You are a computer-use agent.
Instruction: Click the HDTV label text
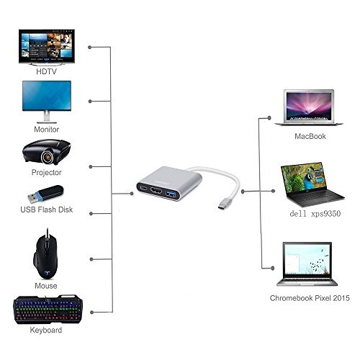[x=46, y=71]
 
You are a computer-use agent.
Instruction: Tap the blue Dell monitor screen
[x=47, y=96]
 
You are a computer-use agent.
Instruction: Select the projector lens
[x=48, y=157]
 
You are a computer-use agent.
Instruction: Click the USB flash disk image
[x=45, y=194]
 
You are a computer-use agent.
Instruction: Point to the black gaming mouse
[x=45, y=255]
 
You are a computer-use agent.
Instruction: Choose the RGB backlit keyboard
[x=48, y=310]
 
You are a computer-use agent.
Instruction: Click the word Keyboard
[x=46, y=330]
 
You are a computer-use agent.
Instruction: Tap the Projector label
[x=46, y=172]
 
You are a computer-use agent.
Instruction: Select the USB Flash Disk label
[x=47, y=210]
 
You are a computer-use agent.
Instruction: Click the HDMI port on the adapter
[x=156, y=191]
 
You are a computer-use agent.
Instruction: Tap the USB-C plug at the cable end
[x=223, y=204]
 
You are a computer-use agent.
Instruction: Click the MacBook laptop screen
[x=309, y=105]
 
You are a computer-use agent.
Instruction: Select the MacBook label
[x=310, y=136]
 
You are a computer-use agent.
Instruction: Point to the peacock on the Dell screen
[x=308, y=180]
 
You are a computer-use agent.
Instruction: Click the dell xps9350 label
[x=315, y=214]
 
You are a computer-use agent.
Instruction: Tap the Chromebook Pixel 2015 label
[x=310, y=298]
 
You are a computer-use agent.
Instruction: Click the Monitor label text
[x=46, y=130]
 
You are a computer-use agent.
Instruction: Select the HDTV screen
[x=47, y=46]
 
